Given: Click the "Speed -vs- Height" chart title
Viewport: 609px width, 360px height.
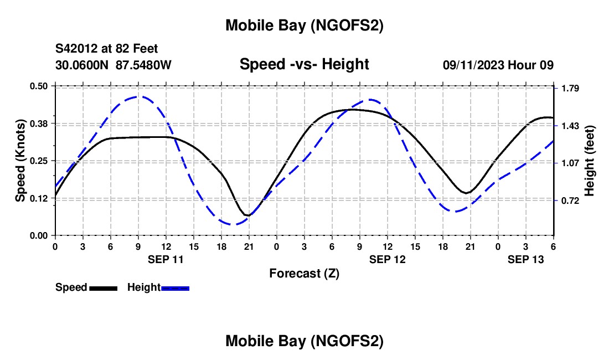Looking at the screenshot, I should point(304,64).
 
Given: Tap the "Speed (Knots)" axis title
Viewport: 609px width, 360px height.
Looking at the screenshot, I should point(20,161).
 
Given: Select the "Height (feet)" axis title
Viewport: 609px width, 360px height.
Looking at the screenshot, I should point(589,161).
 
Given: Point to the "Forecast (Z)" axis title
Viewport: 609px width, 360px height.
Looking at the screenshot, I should point(304,273).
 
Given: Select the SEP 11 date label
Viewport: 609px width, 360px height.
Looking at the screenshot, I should point(166,259).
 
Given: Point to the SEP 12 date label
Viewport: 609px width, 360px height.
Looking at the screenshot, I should point(388,259).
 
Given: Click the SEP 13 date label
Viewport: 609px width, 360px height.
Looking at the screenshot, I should point(526,259).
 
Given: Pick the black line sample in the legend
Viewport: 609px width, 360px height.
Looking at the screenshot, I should point(103,287).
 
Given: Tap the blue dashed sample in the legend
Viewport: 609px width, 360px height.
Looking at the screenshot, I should point(175,287).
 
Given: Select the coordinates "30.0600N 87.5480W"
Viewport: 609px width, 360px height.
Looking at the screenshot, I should point(113,65).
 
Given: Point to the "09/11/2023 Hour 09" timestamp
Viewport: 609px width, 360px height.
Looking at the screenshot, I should point(498,65).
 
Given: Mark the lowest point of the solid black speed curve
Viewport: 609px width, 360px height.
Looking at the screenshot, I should point(247,215).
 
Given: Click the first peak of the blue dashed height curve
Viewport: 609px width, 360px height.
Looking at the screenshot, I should point(137,96).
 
